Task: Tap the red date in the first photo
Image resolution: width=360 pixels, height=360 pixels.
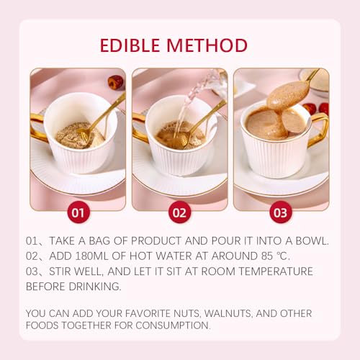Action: click(115, 82)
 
